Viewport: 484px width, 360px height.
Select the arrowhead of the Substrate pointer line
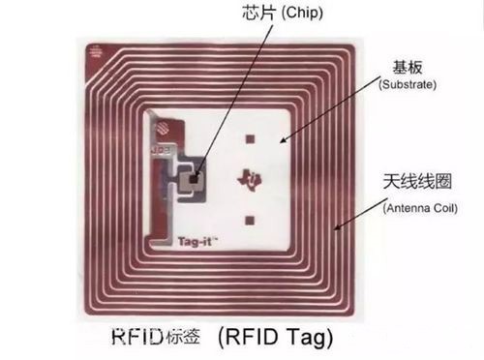coord(282,142)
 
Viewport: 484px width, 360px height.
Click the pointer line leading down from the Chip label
coord(218,97)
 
